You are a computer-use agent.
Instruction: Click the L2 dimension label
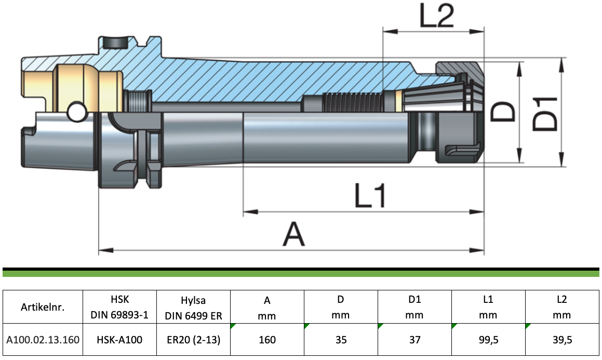[x=437, y=16]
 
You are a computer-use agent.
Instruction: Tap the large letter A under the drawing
[x=293, y=234]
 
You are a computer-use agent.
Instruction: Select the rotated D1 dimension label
[x=545, y=114]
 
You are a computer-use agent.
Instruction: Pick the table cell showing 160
[x=267, y=340]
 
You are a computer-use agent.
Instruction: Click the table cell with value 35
[x=341, y=340]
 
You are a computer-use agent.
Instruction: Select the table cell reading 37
[x=414, y=340]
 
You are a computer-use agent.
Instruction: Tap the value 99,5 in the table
[x=488, y=340]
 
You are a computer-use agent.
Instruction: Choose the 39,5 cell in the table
[x=562, y=340]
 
